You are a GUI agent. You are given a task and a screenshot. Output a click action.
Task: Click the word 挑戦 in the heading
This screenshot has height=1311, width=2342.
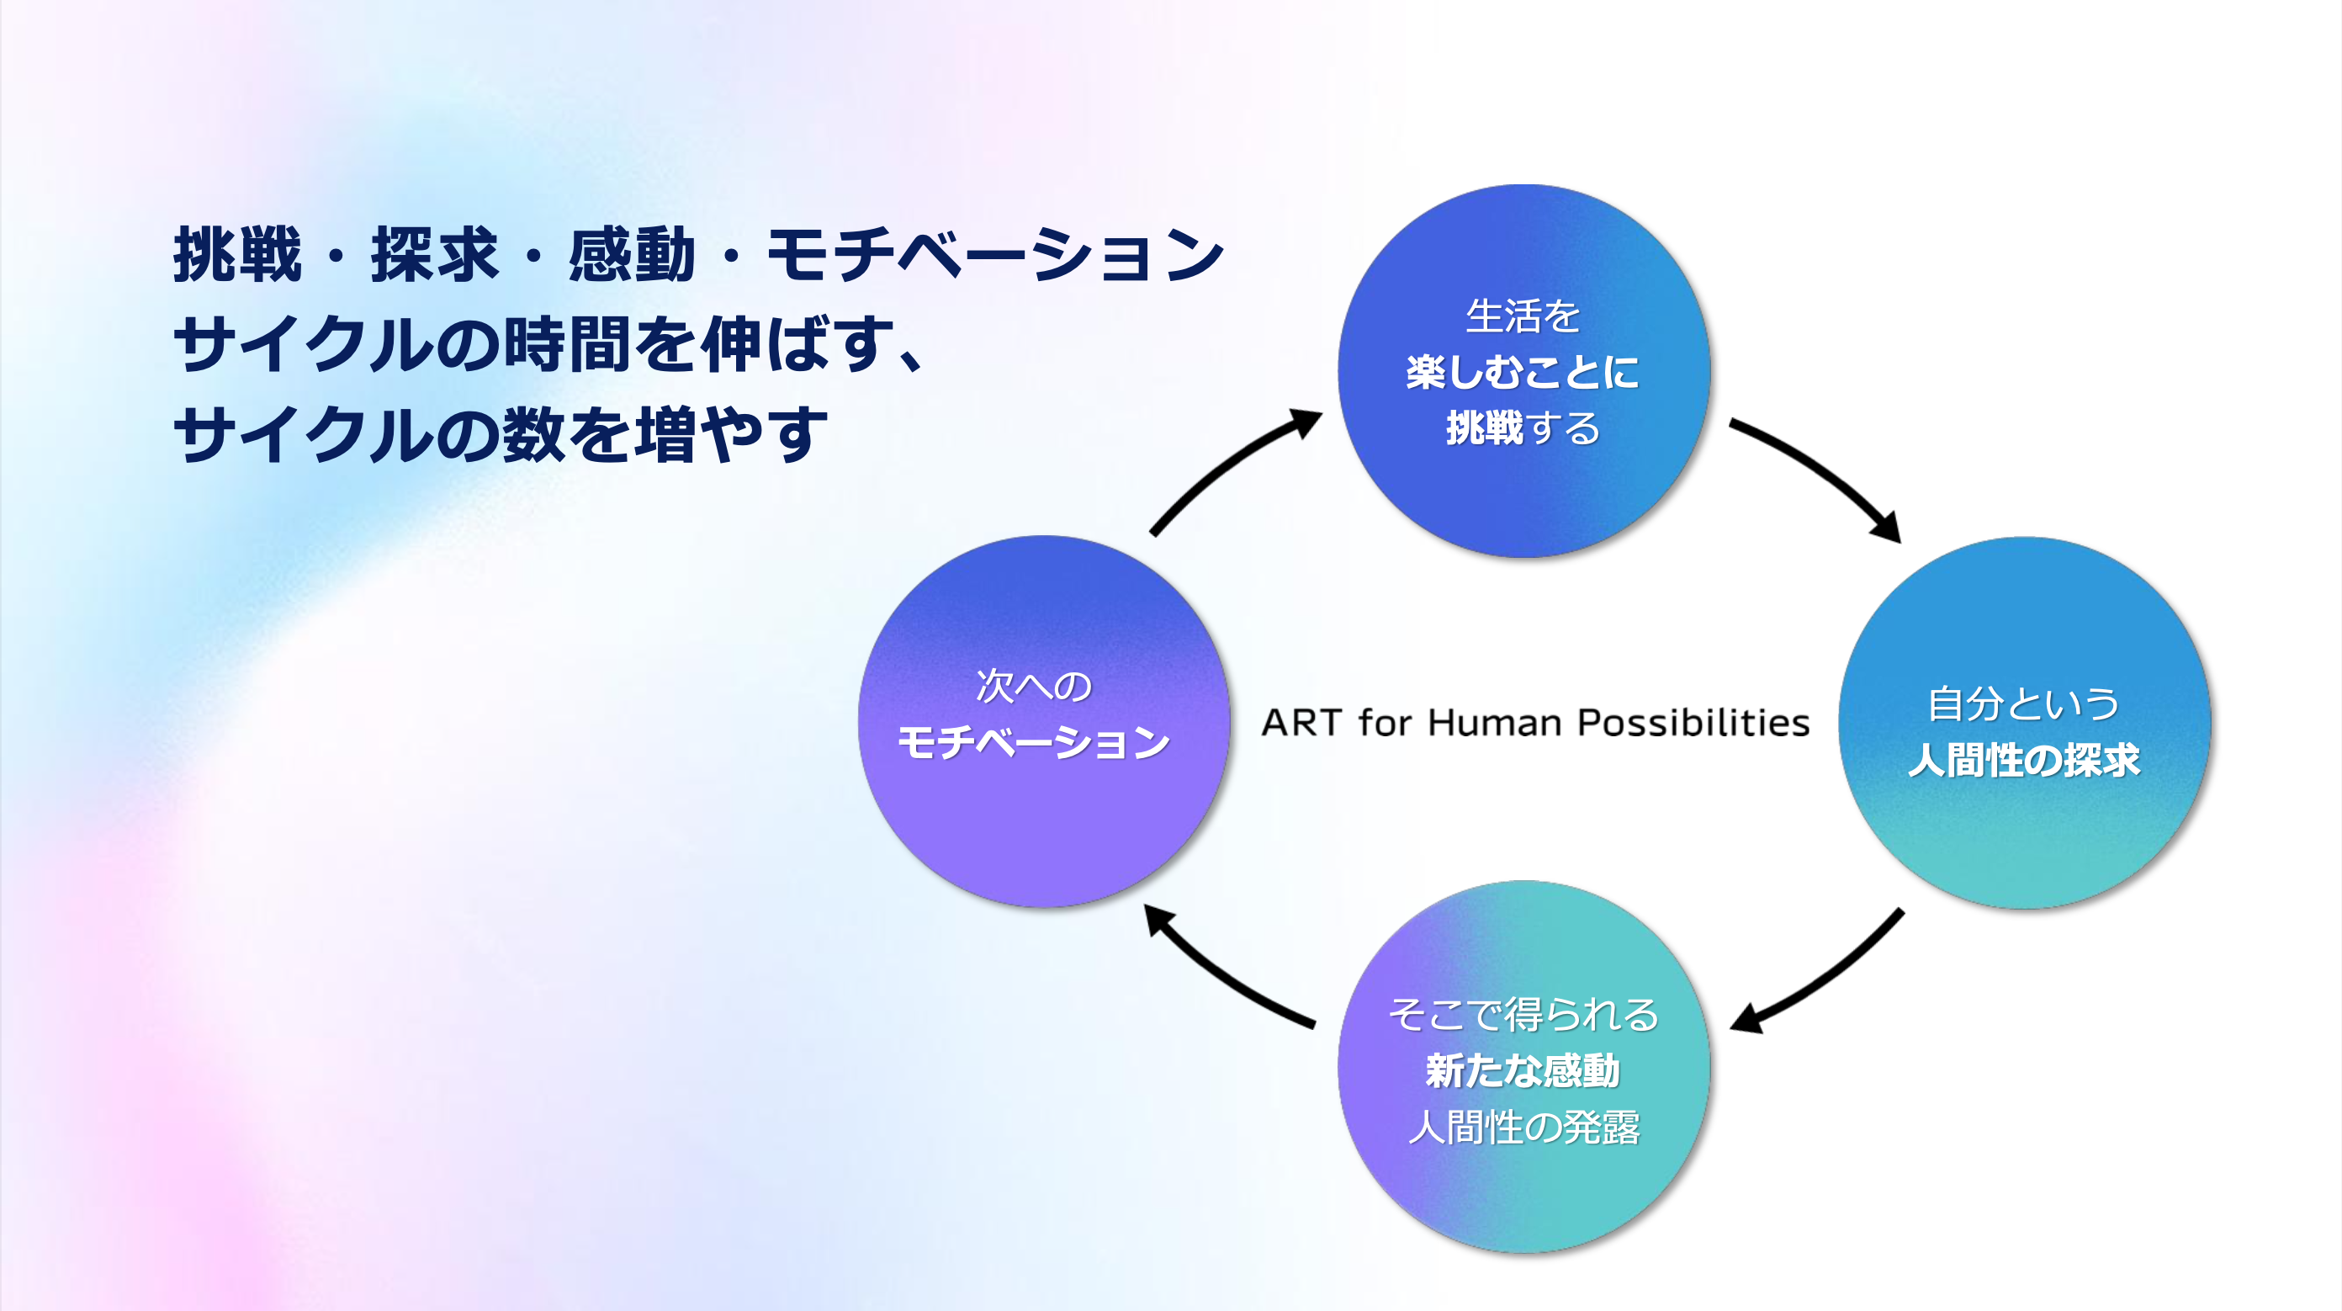pyautogui.click(x=237, y=255)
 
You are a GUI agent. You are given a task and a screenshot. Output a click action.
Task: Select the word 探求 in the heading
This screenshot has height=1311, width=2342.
pyautogui.click(x=435, y=255)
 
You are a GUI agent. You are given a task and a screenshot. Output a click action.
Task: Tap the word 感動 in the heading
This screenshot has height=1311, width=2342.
pyautogui.click(x=632, y=255)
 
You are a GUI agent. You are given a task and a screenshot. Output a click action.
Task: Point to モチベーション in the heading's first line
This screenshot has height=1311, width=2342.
pyautogui.click(x=995, y=255)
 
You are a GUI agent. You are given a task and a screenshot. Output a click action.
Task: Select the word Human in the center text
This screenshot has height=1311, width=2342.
pyautogui.click(x=1495, y=723)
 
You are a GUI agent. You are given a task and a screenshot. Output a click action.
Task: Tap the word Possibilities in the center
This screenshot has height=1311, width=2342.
pyautogui.click(x=1693, y=723)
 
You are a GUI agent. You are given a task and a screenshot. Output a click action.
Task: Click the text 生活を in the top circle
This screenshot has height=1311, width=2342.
pyautogui.click(x=1523, y=316)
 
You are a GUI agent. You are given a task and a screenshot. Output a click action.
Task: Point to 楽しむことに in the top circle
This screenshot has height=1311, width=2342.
pyautogui.click(x=1523, y=373)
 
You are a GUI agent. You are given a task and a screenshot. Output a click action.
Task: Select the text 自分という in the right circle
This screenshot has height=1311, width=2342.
pyautogui.click(x=2024, y=703)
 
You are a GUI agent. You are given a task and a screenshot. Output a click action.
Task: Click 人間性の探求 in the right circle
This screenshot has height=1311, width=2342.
pyautogui.click(x=2024, y=760)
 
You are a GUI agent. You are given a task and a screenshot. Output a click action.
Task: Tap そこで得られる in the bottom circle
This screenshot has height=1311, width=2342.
pyautogui.click(x=1523, y=1015)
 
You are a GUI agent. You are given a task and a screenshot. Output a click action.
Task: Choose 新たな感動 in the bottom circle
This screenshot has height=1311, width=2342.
pyautogui.click(x=1523, y=1071)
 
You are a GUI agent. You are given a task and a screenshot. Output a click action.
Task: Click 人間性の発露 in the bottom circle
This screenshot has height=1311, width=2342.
pyautogui.click(x=1523, y=1128)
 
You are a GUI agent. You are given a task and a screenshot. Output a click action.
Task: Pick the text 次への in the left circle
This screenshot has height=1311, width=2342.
pyautogui.click(x=1034, y=687)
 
